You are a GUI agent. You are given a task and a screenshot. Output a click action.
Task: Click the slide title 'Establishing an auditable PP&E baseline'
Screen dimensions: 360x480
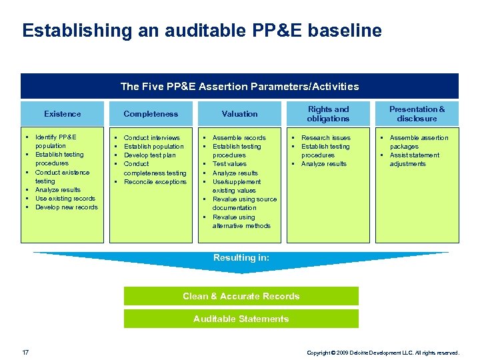click(x=201, y=31)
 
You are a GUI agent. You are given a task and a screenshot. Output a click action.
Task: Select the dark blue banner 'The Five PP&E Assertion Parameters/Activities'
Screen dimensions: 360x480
click(x=239, y=86)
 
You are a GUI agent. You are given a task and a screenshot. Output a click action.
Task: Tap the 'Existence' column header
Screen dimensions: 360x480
click(x=62, y=114)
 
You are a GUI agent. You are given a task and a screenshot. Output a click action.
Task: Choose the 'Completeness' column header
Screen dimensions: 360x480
click(x=151, y=114)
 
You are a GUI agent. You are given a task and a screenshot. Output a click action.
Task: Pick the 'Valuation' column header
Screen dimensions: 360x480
click(x=239, y=114)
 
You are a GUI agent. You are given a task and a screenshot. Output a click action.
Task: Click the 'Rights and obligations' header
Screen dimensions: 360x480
click(x=328, y=114)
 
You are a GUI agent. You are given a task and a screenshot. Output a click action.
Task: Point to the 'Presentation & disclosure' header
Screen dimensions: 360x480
click(x=417, y=114)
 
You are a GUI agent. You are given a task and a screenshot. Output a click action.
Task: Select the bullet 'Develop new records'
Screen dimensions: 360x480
click(x=66, y=207)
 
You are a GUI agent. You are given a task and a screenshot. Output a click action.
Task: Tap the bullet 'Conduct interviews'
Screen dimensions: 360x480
click(x=151, y=138)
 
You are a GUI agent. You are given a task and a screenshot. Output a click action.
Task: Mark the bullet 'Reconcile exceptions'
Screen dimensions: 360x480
click(x=155, y=182)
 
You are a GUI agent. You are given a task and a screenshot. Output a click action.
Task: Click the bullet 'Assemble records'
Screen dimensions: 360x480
click(x=239, y=138)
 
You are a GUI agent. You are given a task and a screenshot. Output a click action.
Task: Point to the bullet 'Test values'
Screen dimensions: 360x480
click(x=229, y=164)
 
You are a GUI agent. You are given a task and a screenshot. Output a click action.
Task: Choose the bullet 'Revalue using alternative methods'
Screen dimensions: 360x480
click(x=241, y=221)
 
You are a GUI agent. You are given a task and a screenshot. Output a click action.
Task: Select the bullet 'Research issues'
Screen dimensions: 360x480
click(x=325, y=138)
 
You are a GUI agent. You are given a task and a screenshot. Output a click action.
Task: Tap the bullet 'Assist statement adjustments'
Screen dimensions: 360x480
click(x=414, y=159)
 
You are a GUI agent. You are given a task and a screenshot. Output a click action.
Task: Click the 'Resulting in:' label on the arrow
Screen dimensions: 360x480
click(x=241, y=257)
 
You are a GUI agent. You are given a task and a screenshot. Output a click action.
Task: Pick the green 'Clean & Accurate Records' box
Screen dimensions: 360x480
click(x=241, y=296)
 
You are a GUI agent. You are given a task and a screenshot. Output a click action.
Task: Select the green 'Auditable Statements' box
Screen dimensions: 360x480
click(x=241, y=319)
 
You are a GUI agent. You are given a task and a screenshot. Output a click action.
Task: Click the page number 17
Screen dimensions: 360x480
click(x=25, y=352)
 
